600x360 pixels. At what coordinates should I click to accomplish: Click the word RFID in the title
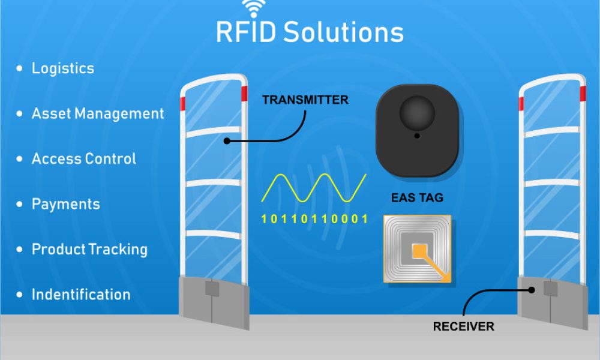pos(246,32)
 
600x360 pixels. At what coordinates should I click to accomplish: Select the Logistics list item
pos(62,68)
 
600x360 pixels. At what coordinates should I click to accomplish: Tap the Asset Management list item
pos(97,113)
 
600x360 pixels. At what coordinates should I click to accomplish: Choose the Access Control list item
pos(83,159)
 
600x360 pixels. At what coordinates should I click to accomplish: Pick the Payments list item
pos(65,204)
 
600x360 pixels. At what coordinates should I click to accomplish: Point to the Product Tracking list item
pos(89,249)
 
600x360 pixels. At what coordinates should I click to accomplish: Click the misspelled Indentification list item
pos(80,295)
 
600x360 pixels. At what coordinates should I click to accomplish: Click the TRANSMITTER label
pos(305,100)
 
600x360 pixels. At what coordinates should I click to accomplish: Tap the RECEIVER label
pos(463,327)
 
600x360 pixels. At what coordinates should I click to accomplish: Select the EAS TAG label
pos(417,197)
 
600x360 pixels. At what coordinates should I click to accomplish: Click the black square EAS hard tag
pos(417,130)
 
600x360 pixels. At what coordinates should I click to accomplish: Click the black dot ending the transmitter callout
pos(227,142)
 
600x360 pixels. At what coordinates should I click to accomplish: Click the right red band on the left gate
pos(244,94)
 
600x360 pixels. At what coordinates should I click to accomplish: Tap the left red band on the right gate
pos(521,103)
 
